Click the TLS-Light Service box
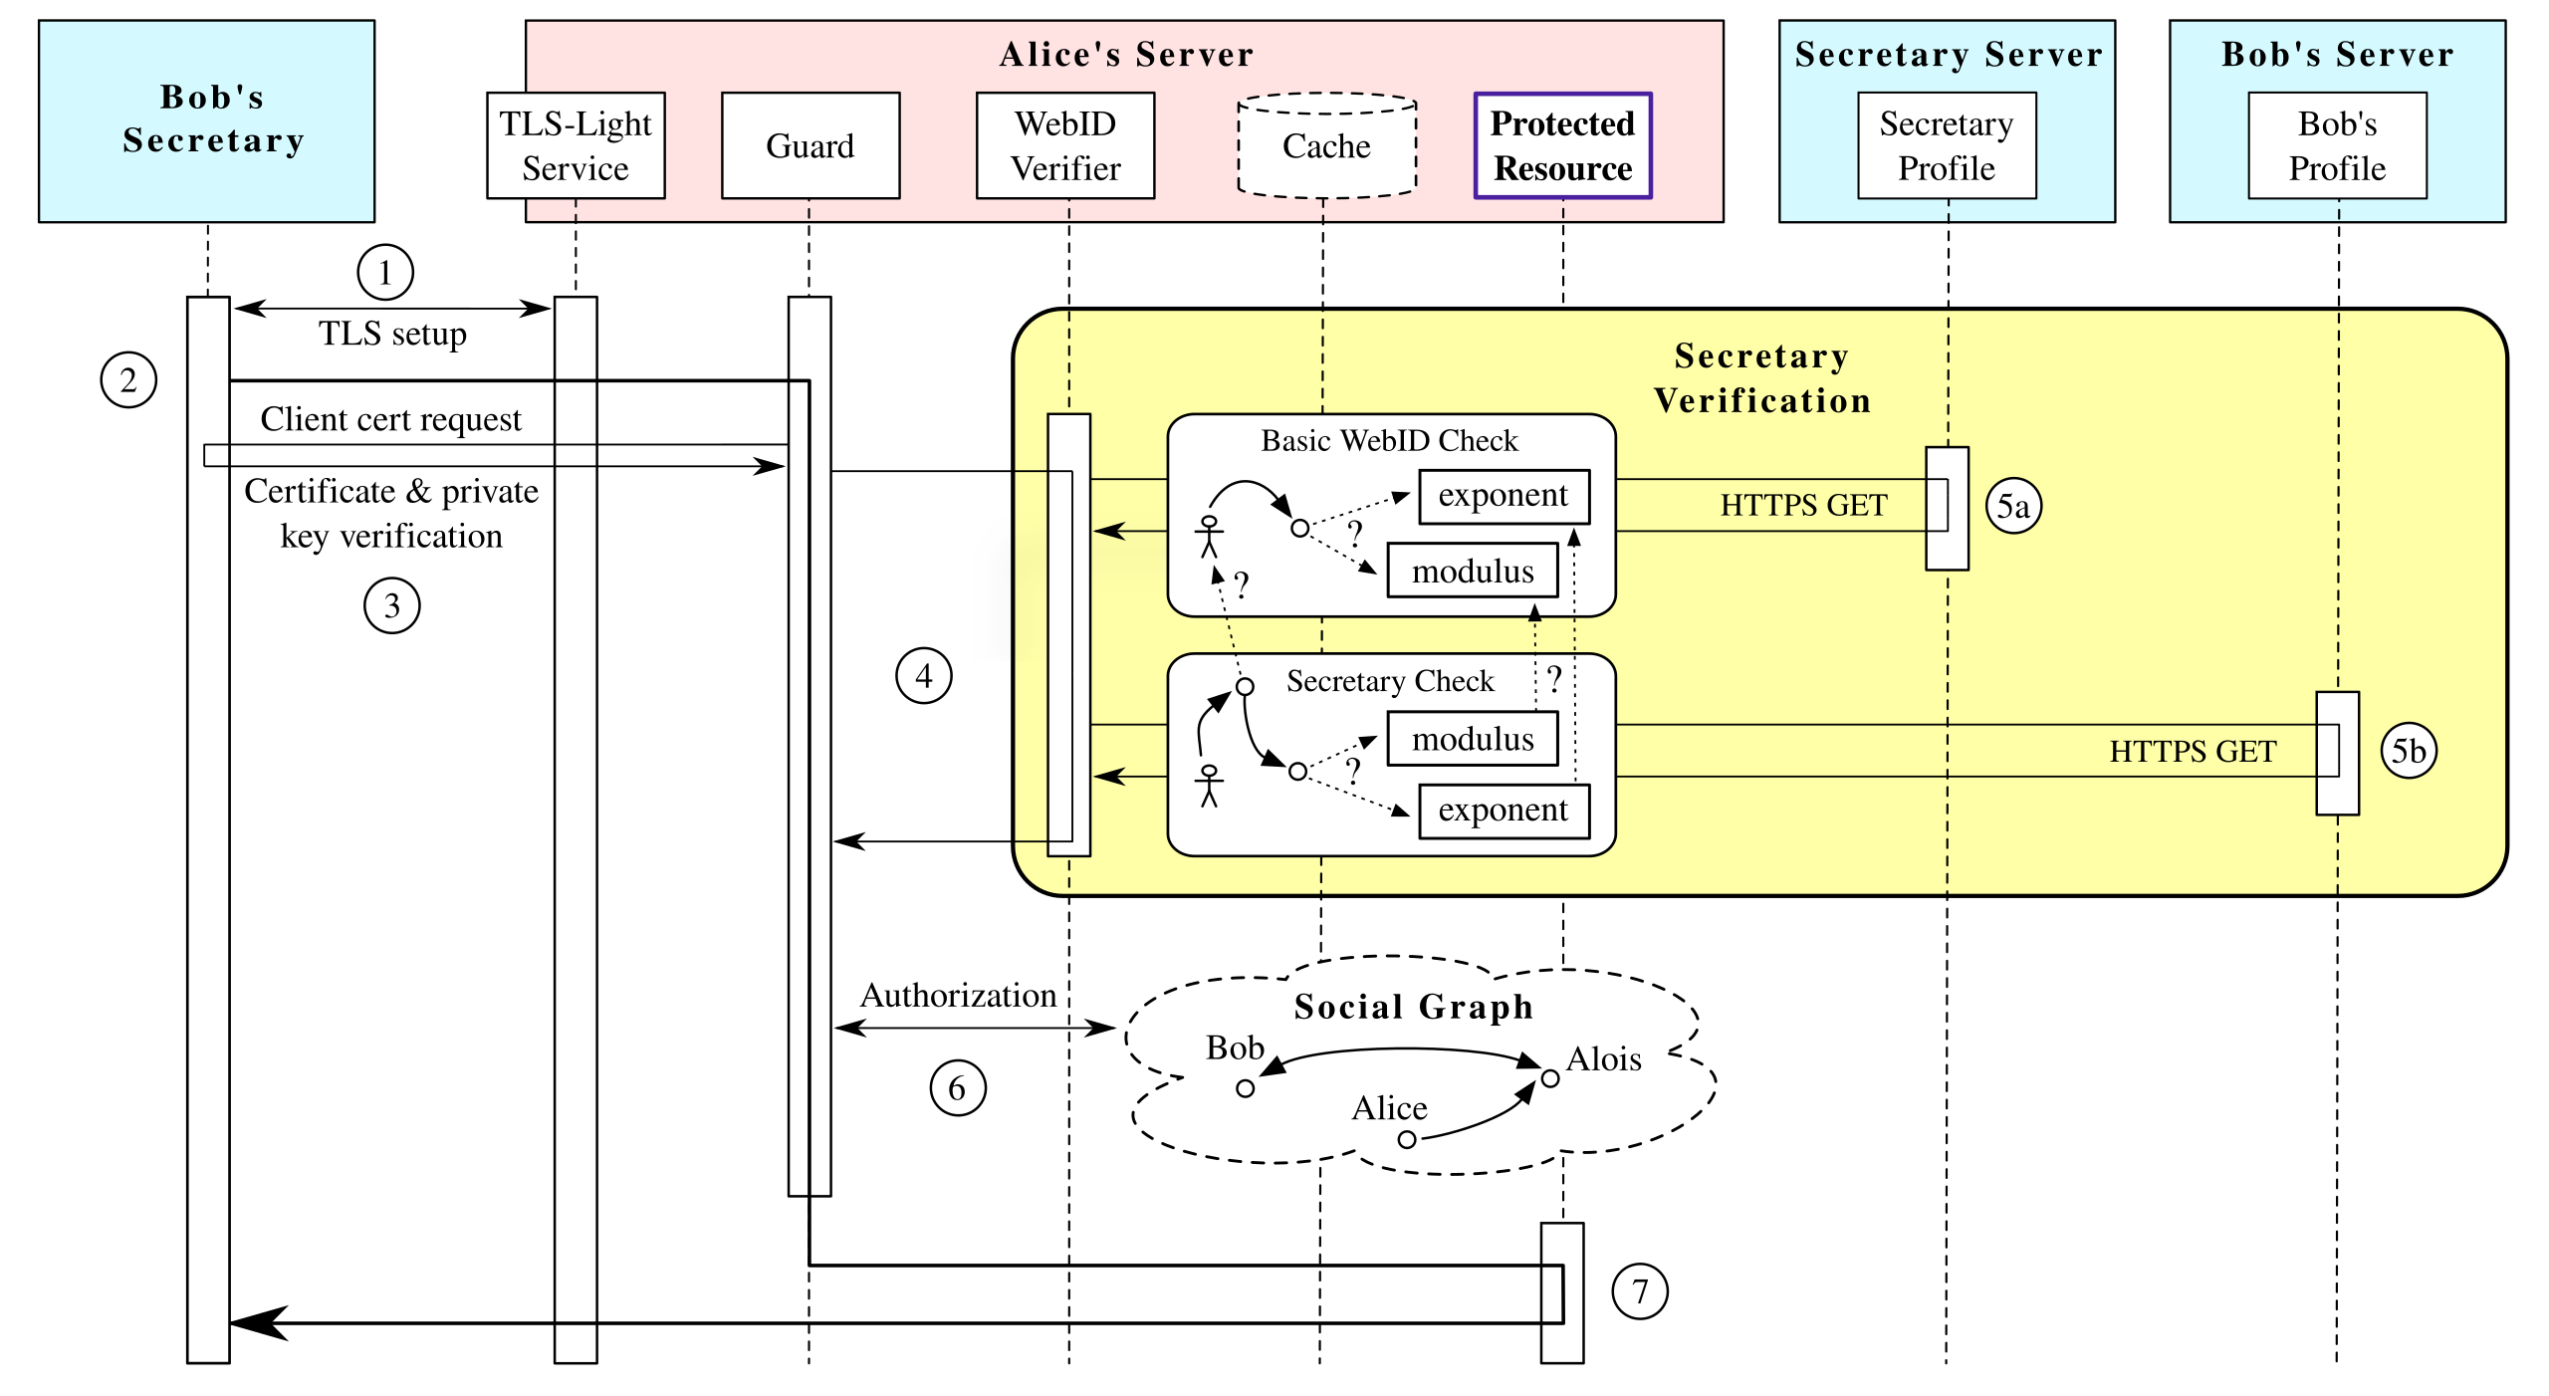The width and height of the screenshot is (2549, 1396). tap(577, 145)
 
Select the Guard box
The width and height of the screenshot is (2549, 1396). tap(811, 145)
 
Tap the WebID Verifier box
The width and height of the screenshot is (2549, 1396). tap(1065, 145)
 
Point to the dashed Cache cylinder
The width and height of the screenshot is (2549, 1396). tap(1326, 145)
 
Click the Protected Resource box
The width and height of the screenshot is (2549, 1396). tap(1562, 145)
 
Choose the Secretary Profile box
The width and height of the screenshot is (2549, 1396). tap(1947, 145)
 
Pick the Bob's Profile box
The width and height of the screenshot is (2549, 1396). tap(2337, 145)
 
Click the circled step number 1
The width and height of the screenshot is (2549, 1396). tap(385, 272)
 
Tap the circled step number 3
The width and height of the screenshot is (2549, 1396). tap(391, 605)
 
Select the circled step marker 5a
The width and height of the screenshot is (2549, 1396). tap(2013, 507)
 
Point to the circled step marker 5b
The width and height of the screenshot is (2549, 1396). tap(2409, 750)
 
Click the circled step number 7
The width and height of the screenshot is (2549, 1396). tap(1639, 1291)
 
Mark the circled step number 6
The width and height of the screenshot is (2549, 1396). tap(957, 1087)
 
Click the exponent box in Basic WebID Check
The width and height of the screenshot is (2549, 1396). tap(1504, 496)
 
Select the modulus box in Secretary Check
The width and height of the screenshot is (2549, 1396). tap(1473, 739)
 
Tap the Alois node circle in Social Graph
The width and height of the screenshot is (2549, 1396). tap(1550, 1078)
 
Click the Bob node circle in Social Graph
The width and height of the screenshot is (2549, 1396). tap(1245, 1088)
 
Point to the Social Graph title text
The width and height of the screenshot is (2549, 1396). tap(1413, 1007)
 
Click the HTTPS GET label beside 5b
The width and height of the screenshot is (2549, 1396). tap(2193, 752)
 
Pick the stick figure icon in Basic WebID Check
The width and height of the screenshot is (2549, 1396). tap(1209, 537)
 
